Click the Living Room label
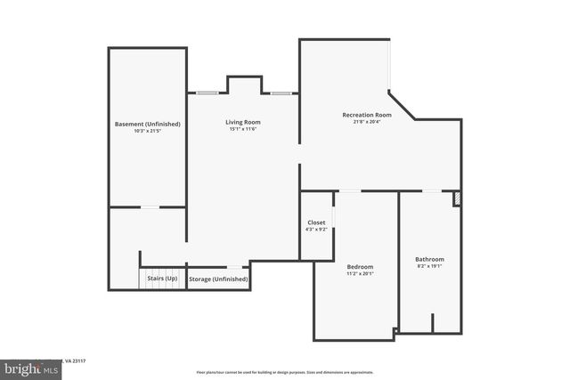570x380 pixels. click(242, 122)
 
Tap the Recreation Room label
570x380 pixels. click(367, 115)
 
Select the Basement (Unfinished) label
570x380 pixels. click(148, 124)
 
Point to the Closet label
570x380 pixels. click(316, 222)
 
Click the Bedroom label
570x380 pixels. click(360, 267)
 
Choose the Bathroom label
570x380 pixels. click(429, 259)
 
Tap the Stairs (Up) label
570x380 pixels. click(162, 279)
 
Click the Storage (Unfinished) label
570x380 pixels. click(218, 279)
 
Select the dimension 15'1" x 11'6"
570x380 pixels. click(242, 130)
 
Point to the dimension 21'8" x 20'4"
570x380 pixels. click(367, 122)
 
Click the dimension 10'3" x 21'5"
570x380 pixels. click(148, 131)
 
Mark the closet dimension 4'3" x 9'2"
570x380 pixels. click(316, 230)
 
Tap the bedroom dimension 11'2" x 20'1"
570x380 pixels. click(360, 274)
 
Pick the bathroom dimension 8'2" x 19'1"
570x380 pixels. click(429, 266)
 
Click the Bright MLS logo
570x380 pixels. click(28, 367)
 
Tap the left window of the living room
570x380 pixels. click(207, 93)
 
